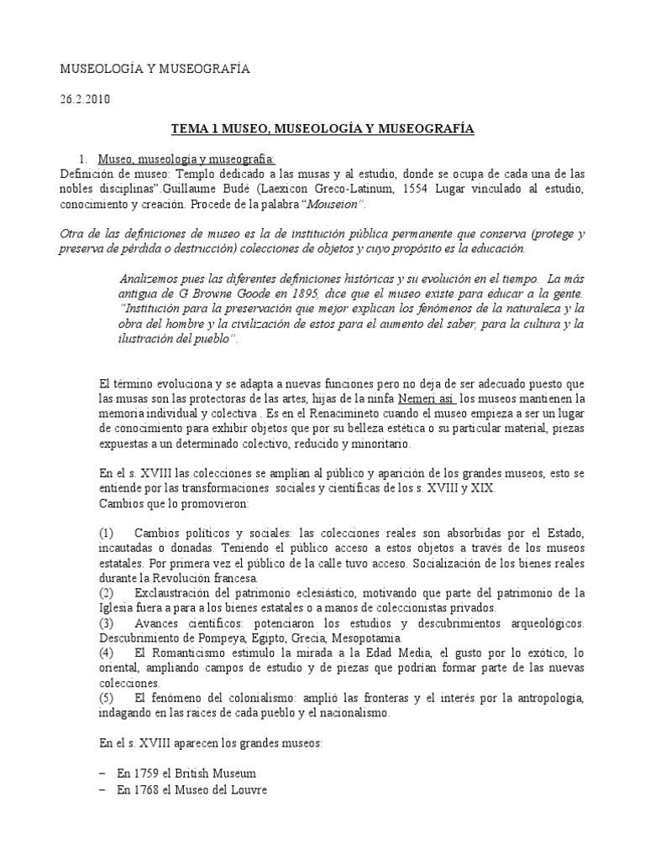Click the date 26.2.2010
[83, 99]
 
